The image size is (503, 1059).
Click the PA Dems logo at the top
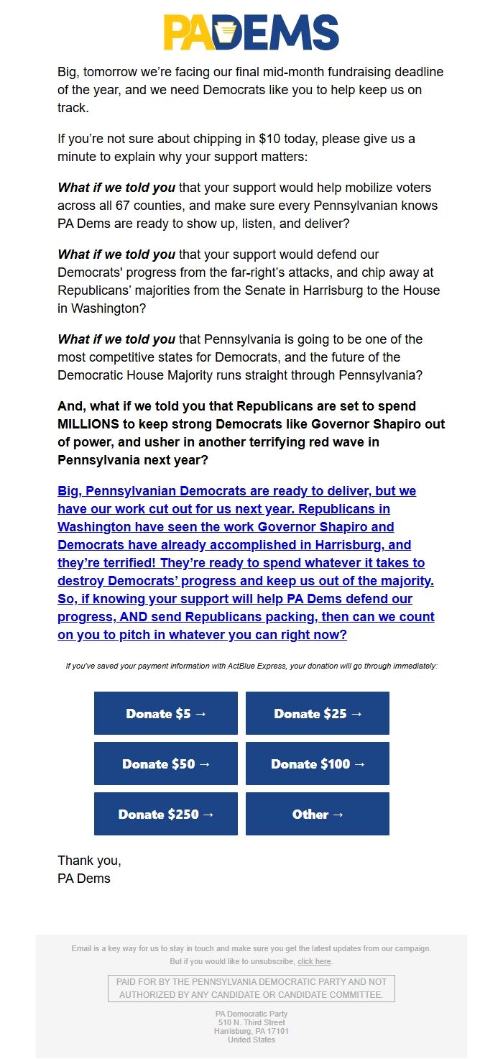251,32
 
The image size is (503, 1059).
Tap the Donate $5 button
165,713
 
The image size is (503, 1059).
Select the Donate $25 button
317,713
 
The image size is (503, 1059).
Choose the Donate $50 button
165,764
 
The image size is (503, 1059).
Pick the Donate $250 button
165,814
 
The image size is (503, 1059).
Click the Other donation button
317,814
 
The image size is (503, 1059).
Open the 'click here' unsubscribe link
314,961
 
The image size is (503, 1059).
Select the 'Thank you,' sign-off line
89,861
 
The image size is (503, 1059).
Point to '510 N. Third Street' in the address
251,1022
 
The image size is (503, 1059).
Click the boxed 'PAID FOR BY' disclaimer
251,988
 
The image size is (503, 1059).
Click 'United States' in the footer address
251,1040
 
